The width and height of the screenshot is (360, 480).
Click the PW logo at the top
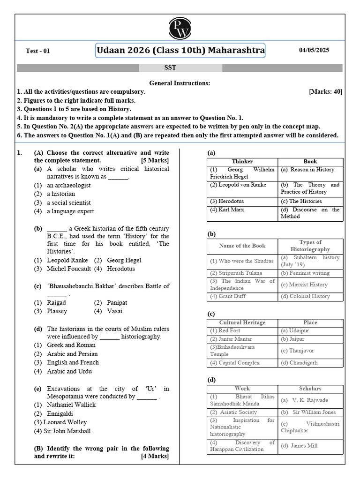click(180, 28)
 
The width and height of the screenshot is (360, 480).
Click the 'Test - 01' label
click(37, 52)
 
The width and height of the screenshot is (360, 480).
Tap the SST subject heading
click(171, 67)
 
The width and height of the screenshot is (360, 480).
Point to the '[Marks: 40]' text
click(325, 92)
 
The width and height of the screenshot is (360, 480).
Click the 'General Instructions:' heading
click(180, 83)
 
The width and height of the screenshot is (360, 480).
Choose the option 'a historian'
click(60, 194)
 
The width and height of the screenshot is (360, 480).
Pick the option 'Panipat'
click(117, 302)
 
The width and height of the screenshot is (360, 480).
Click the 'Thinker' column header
click(242, 161)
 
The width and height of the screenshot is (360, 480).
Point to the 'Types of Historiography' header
click(310, 246)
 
